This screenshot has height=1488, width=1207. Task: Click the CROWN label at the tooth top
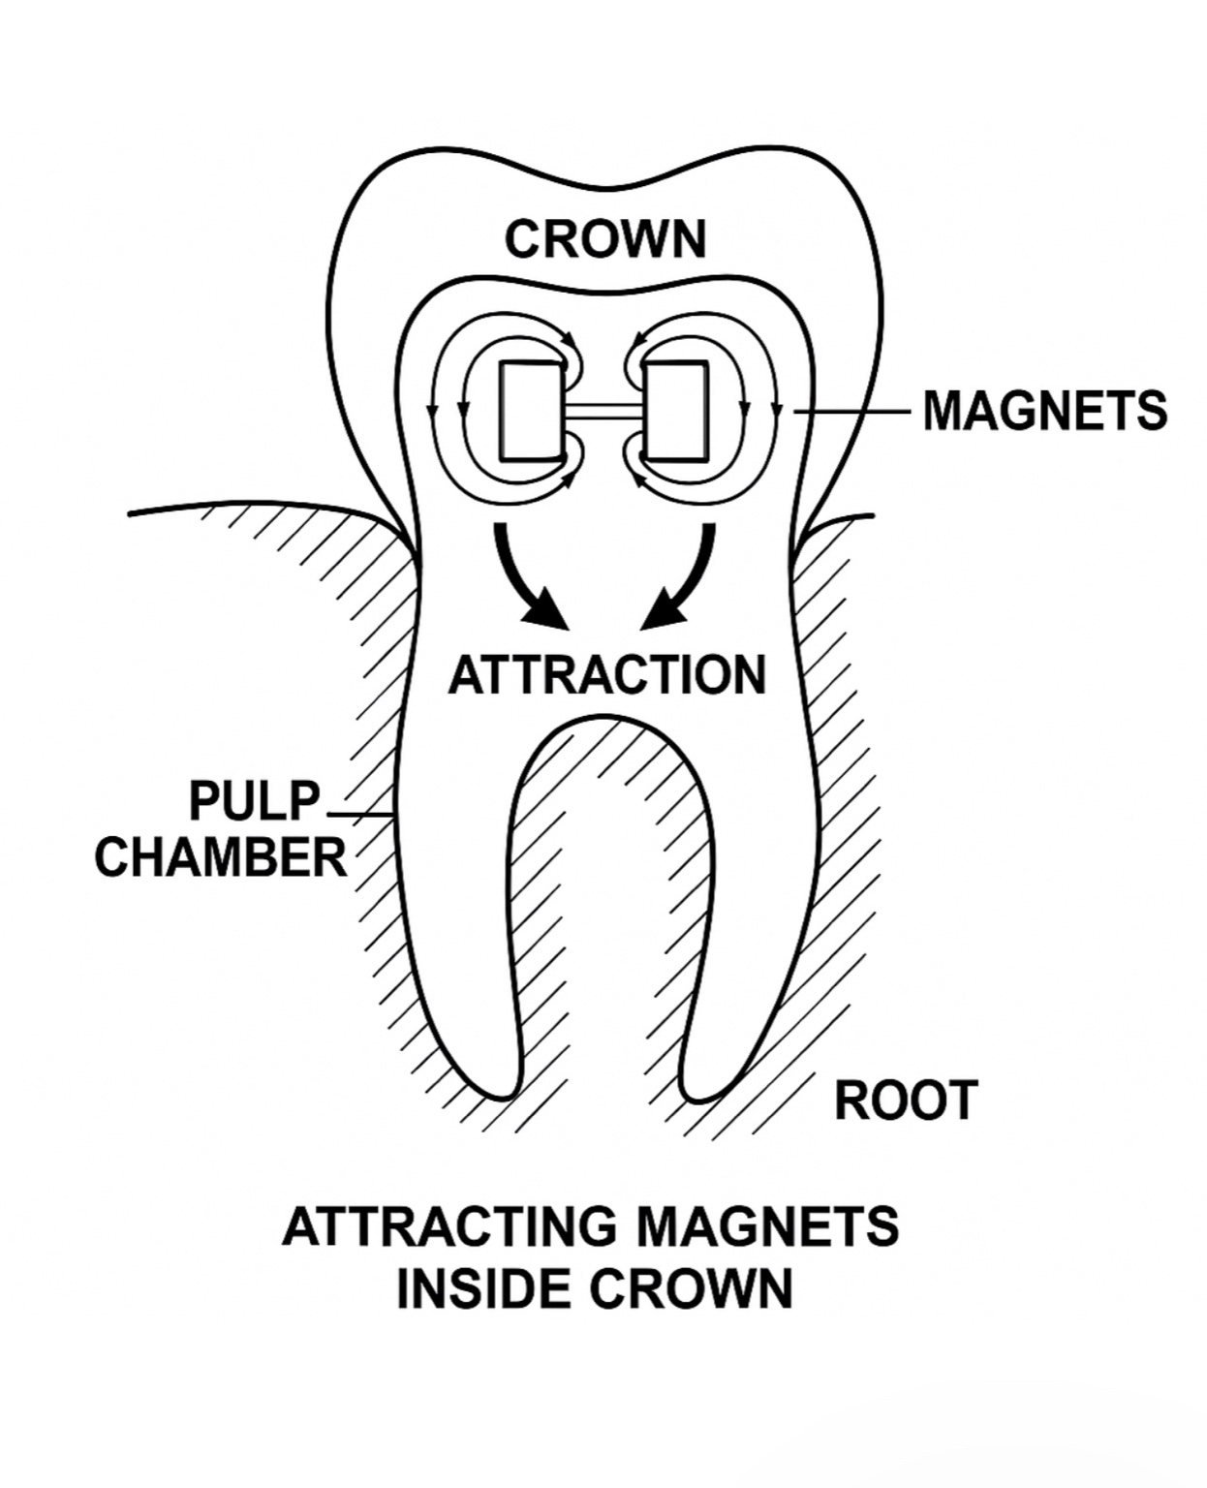(x=605, y=239)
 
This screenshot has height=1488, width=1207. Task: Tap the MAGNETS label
(x=1044, y=411)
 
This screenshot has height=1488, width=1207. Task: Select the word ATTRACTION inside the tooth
(x=606, y=675)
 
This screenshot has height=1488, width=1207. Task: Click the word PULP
(x=254, y=802)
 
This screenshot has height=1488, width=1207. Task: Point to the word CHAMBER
(x=221, y=858)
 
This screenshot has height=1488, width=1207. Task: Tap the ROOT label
(x=906, y=1101)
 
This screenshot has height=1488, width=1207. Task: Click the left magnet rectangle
(x=530, y=411)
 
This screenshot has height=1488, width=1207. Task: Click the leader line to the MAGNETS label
(x=852, y=412)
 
